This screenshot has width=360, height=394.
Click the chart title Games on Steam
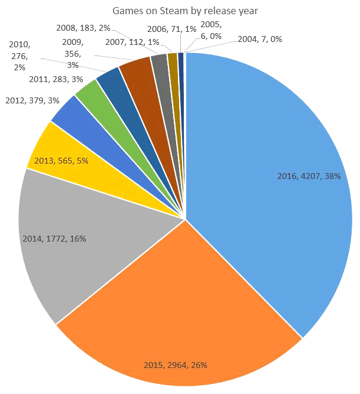[x=180, y=10]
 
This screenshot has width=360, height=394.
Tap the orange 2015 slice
[x=183, y=307]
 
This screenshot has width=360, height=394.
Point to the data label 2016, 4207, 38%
[x=309, y=176]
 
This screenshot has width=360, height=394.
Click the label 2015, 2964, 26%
[x=175, y=364]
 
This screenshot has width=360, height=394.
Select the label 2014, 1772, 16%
[x=54, y=239]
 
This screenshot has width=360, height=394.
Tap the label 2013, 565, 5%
[x=62, y=161]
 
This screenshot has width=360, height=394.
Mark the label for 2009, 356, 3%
[x=73, y=53]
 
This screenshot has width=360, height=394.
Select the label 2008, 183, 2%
[x=83, y=27]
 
